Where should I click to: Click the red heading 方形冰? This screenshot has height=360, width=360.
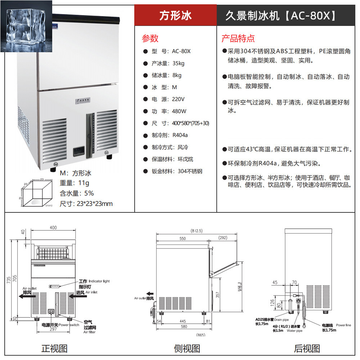(x=176, y=15)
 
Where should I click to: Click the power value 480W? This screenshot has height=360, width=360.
(x=179, y=111)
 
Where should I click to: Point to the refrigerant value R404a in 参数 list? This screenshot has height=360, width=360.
(x=180, y=135)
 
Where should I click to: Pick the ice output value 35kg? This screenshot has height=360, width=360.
(x=178, y=63)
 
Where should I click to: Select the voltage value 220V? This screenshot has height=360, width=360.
(x=179, y=99)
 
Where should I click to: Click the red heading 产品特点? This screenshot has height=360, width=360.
(x=238, y=38)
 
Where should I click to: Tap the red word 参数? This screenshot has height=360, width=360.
(x=150, y=38)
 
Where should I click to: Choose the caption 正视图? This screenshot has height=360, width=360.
(x=54, y=348)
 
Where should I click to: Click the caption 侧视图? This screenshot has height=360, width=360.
(x=187, y=348)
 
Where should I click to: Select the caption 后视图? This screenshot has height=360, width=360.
(x=307, y=348)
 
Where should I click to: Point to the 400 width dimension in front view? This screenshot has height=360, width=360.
(x=53, y=228)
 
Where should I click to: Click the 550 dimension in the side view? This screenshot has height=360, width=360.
(x=183, y=238)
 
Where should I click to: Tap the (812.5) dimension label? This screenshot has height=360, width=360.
(x=197, y=231)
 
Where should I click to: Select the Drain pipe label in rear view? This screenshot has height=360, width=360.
(x=282, y=319)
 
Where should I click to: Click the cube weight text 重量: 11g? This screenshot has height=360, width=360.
(x=75, y=183)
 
